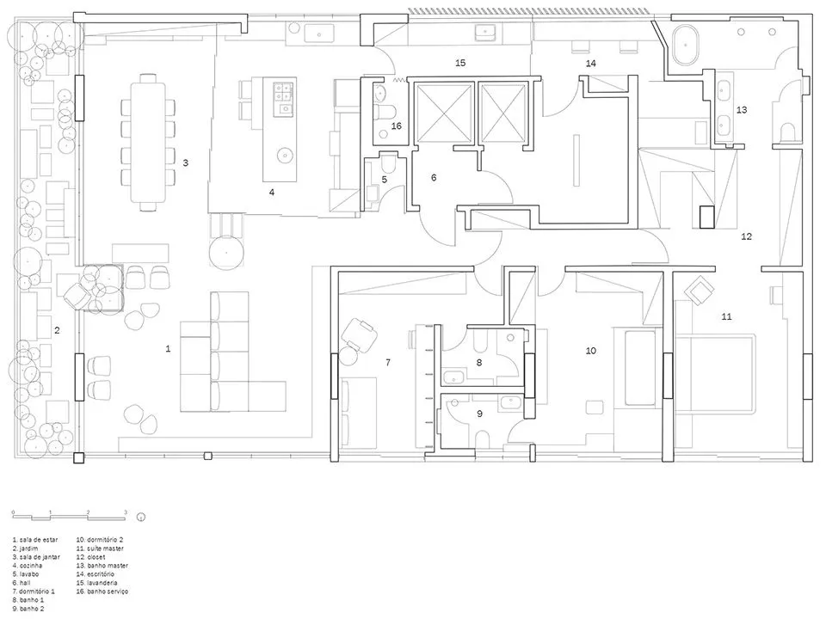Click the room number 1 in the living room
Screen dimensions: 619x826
tap(168, 349)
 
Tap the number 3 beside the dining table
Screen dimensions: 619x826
tap(185, 162)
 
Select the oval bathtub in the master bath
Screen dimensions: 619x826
tap(687, 45)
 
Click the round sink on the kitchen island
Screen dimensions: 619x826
tap(283, 156)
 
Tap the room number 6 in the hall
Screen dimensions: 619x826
tap(434, 178)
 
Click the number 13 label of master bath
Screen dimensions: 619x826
tap(742, 110)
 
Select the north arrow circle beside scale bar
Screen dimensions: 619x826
tap(140, 517)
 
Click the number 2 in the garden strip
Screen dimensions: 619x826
tap(57, 330)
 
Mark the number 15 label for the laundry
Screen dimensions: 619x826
tap(460, 64)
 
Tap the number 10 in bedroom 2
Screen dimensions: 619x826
tap(591, 351)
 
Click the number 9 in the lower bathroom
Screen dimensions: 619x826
tap(479, 414)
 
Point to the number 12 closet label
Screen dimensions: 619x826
tap(747, 236)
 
